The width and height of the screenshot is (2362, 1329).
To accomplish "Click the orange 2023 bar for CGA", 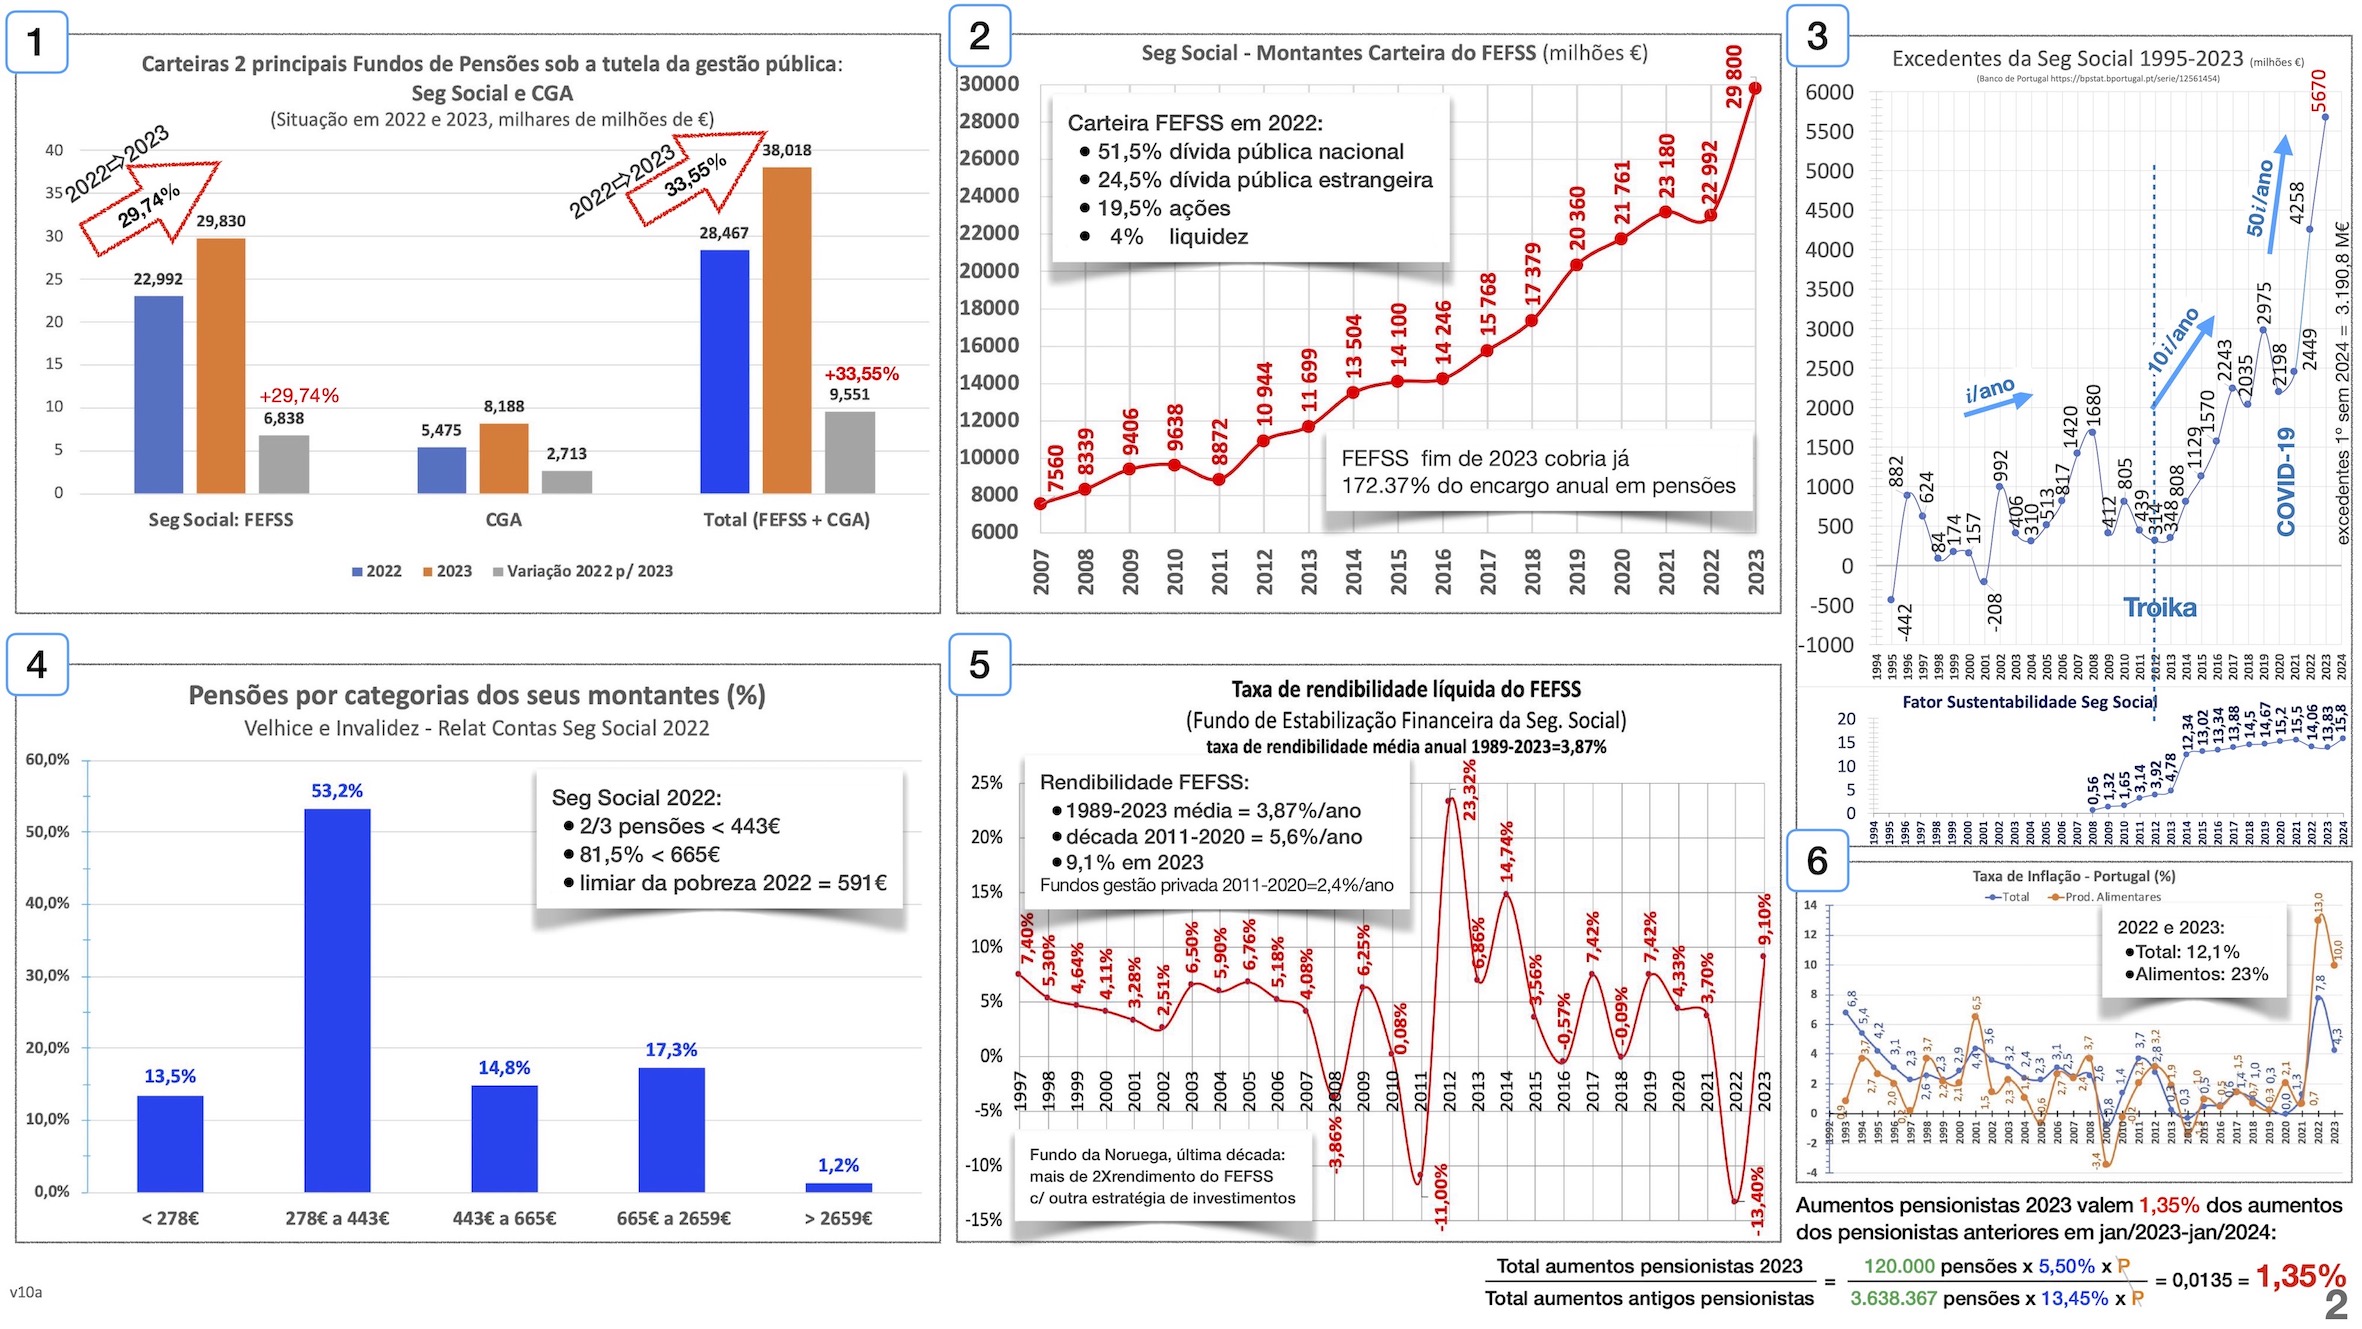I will point(503,458).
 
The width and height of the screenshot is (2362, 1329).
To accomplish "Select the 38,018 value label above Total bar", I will point(786,150).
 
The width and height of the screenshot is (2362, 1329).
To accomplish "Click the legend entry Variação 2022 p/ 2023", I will point(589,571).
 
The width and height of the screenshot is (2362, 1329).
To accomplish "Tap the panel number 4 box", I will point(37,665).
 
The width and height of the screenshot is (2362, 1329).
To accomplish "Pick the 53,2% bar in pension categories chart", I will point(337,1000).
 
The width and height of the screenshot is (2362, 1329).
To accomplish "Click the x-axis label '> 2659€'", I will point(838,1218).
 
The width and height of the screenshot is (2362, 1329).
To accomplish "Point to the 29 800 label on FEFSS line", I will point(1734,76).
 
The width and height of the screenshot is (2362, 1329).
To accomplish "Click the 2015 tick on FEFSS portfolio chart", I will point(1398,572).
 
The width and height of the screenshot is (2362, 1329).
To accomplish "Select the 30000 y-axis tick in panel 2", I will point(988,84).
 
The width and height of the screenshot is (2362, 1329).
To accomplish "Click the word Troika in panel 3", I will point(2160,608).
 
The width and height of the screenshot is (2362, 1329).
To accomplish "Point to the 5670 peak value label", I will point(2319,91).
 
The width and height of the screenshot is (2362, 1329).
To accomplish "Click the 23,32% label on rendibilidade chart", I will point(1468,790).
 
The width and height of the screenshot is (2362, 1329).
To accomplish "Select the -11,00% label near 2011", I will point(1440,1196).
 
